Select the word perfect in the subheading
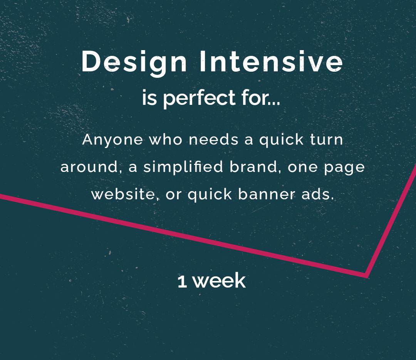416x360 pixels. click(x=199, y=98)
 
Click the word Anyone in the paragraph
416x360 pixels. click(x=112, y=140)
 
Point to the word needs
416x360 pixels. click(x=213, y=140)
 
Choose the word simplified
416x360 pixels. click(x=183, y=167)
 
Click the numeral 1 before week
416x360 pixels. click(x=182, y=282)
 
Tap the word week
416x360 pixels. click(x=219, y=281)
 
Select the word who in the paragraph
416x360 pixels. click(x=166, y=140)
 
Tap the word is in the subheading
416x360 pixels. click(x=149, y=98)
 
